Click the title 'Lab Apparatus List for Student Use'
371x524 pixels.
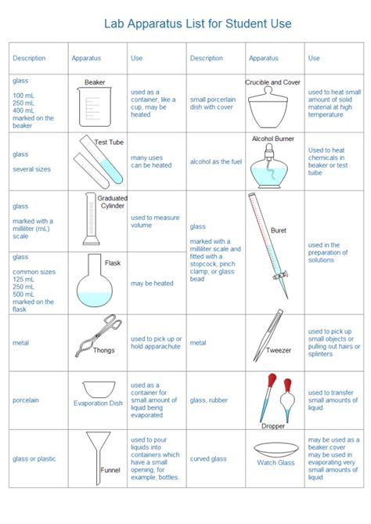[x=197, y=23]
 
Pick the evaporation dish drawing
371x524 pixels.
[x=98, y=389]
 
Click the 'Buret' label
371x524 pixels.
[x=279, y=230]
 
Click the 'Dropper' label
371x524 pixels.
[x=272, y=426]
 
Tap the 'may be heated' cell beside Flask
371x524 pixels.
[x=153, y=284]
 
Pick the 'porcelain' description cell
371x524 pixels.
[x=26, y=400]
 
